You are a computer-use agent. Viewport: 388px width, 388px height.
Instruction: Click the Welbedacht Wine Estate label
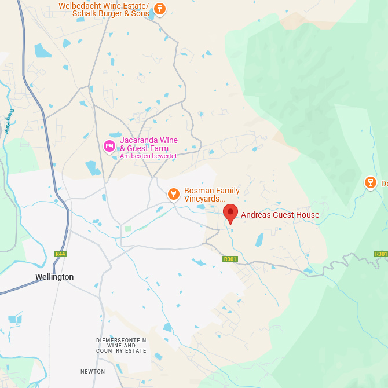point(104,6)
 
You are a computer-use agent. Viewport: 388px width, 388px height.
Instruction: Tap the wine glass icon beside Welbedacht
point(160,8)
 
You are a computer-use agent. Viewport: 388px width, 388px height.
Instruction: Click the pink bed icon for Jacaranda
point(109,146)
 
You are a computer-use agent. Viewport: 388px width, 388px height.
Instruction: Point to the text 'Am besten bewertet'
point(148,156)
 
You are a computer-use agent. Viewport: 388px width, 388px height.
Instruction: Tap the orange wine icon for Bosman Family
point(173,194)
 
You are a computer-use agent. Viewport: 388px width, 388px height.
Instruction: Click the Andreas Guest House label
point(280,215)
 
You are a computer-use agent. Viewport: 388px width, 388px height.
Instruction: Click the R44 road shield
point(60,254)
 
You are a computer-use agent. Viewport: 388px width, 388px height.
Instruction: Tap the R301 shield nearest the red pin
point(230,259)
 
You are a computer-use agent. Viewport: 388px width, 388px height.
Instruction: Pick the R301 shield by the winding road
point(380,254)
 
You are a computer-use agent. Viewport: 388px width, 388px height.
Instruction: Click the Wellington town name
point(54,277)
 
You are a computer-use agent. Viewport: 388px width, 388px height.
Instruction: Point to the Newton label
point(93,371)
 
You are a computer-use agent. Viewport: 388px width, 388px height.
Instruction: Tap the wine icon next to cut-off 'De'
point(371,183)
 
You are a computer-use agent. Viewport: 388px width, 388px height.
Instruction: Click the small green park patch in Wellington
point(127,229)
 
